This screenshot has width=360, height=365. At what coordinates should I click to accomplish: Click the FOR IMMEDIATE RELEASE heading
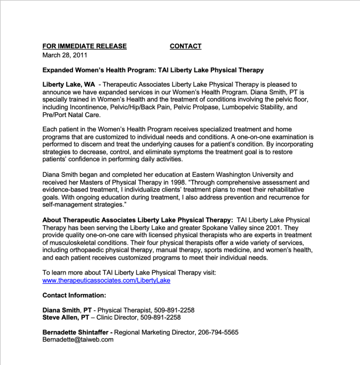click(x=84, y=46)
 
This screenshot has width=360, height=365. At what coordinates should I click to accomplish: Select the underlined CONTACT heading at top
click(x=185, y=46)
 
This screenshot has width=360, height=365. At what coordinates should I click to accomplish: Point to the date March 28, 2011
click(x=65, y=54)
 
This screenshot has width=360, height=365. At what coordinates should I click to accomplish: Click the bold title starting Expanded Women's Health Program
click(x=153, y=70)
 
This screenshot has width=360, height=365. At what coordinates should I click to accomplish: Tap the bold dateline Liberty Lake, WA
click(x=65, y=84)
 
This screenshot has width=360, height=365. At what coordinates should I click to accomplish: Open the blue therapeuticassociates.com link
click(x=106, y=280)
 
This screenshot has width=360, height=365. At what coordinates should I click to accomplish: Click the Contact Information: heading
click(x=74, y=295)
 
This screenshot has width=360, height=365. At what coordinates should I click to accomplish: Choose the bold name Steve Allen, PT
click(x=66, y=317)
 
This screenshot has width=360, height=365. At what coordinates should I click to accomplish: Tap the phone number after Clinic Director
click(x=160, y=317)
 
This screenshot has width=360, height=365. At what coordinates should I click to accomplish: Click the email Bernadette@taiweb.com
click(x=78, y=339)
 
